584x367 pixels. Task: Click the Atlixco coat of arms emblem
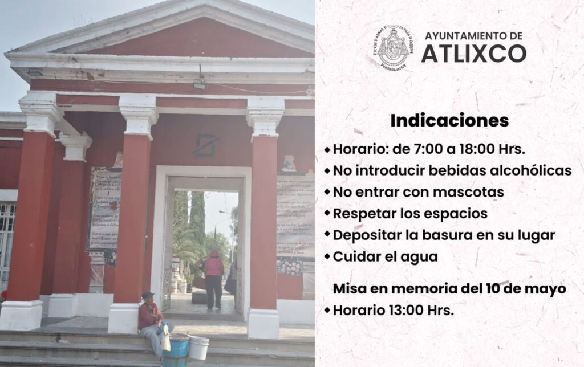tap(393, 47)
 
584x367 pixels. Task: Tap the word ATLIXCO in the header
tap(473, 54)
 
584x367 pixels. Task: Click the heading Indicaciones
tap(449, 121)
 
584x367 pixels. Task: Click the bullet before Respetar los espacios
tap(327, 213)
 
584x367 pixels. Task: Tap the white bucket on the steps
tap(198, 347)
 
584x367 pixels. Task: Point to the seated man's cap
tap(148, 295)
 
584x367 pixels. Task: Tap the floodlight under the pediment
tap(200, 84)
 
